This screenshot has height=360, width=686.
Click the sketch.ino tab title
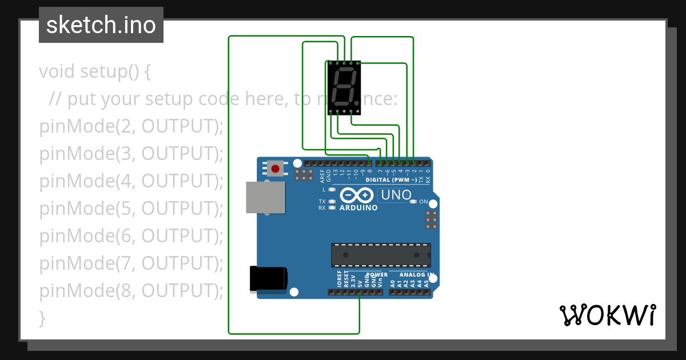click(101, 25)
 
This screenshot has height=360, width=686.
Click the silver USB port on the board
click(265, 197)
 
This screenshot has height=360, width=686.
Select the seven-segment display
click(344, 87)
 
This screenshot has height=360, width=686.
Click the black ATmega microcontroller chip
click(381, 255)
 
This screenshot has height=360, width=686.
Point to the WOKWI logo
click(607, 315)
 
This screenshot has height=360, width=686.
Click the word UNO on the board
click(396, 195)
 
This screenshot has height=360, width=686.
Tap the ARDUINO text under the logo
click(358, 208)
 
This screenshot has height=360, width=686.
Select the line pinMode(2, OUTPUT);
click(131, 126)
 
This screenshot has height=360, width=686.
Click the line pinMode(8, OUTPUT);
click(131, 291)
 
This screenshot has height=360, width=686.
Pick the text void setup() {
click(95, 71)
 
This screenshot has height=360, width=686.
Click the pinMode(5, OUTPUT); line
click(131, 209)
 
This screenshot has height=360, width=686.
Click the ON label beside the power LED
click(424, 202)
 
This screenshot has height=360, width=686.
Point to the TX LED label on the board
click(322, 202)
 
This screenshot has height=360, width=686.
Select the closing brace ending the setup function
click(42, 318)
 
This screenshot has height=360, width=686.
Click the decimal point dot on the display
click(358, 102)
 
